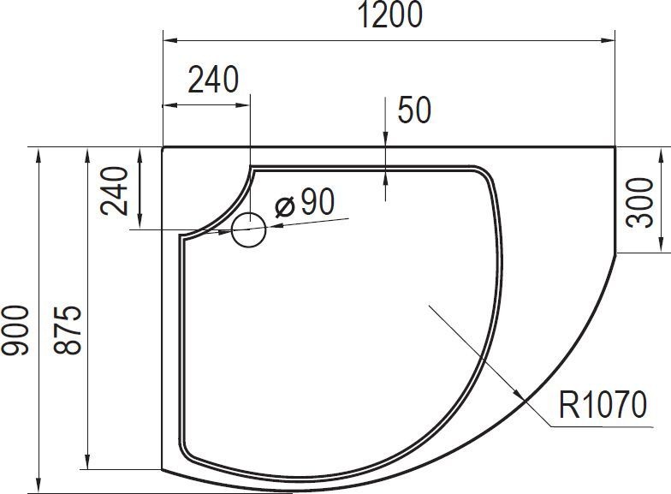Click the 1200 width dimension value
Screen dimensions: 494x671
(x=389, y=15)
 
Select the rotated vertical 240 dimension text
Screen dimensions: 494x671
(x=116, y=190)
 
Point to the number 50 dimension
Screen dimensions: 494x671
(x=413, y=110)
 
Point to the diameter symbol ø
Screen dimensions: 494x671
(x=285, y=205)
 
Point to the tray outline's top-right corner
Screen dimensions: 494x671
(x=615, y=147)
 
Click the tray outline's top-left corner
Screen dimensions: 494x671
(x=163, y=147)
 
